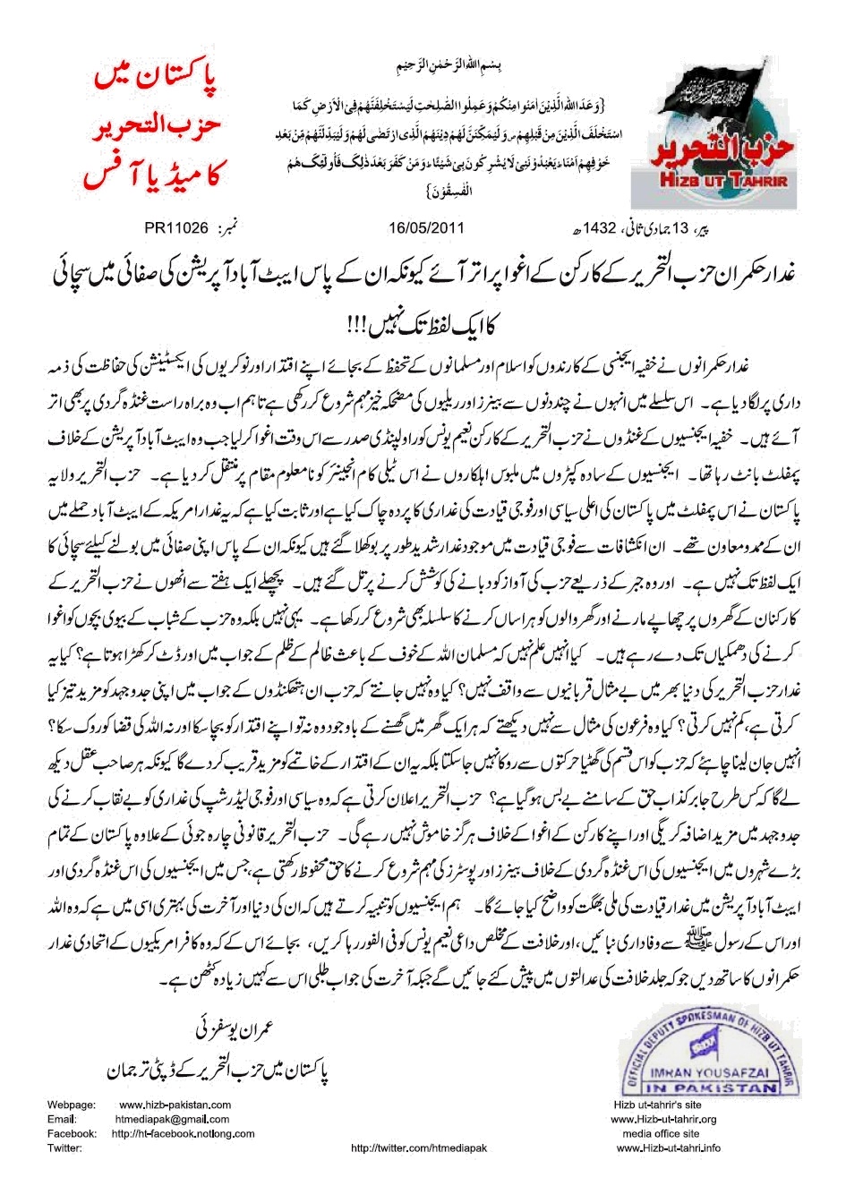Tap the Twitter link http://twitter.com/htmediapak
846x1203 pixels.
click(x=422, y=1148)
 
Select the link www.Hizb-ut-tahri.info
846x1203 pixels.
click(x=685, y=1148)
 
